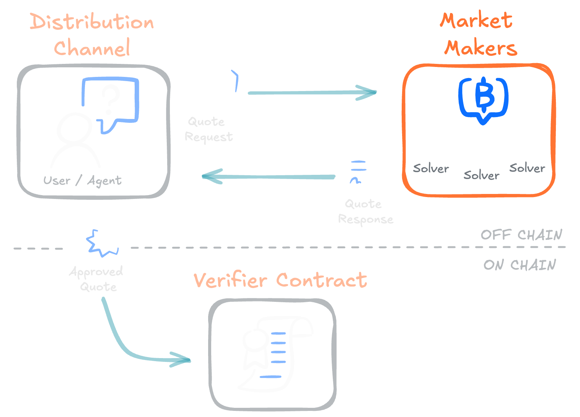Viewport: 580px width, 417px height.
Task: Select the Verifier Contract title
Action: (x=280, y=280)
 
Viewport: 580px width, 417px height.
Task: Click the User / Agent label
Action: (x=82, y=180)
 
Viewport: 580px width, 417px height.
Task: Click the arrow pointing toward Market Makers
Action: (x=312, y=93)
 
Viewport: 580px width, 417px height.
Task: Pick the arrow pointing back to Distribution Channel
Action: (x=268, y=176)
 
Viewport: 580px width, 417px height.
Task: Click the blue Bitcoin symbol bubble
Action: (x=484, y=98)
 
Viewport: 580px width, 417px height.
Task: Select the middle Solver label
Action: (x=481, y=175)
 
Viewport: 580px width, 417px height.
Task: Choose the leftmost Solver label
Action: (x=431, y=168)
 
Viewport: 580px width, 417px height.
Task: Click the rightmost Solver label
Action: (x=527, y=168)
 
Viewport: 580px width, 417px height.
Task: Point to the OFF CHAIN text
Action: (x=521, y=235)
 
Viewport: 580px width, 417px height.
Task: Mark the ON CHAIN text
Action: (x=520, y=265)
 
